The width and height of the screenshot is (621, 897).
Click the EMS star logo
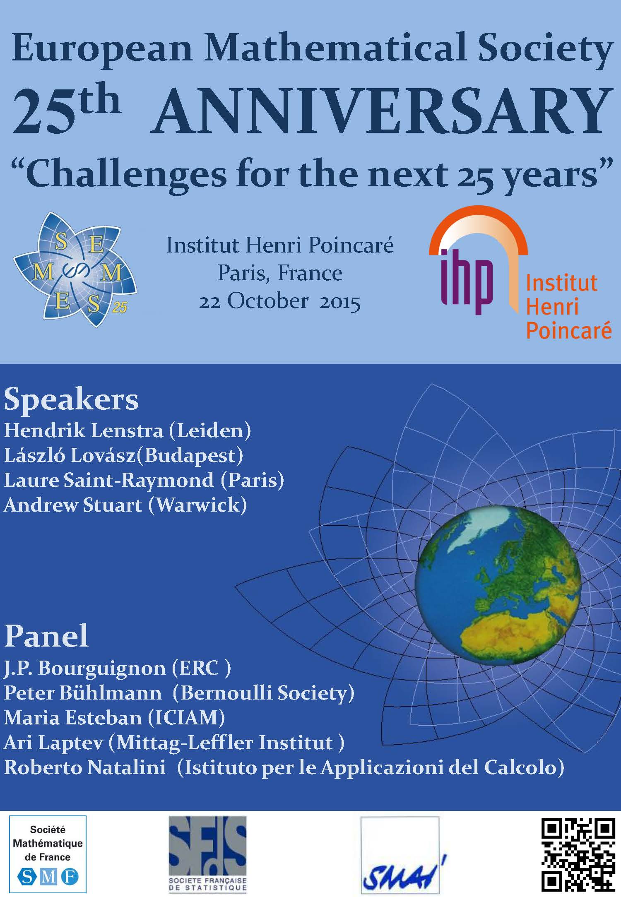75,269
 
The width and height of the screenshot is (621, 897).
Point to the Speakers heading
71,399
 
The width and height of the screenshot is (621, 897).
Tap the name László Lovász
70,455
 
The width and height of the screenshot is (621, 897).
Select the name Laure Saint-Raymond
109,480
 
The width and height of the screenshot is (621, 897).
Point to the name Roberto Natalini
85,767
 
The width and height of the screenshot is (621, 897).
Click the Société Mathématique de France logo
48,854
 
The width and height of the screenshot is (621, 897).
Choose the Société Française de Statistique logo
207,854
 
